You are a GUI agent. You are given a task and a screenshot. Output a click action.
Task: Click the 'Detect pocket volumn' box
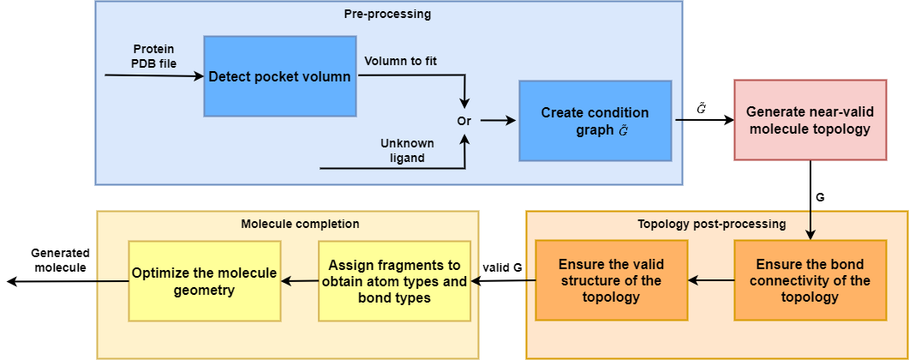point(279,76)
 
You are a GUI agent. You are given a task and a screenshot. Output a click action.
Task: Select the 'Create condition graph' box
point(595,121)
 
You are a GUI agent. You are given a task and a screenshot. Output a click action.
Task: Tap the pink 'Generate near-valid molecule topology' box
point(810,120)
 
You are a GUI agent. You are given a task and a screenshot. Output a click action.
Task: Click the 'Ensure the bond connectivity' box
point(810,280)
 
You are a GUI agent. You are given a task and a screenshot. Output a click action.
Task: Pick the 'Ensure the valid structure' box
point(611,280)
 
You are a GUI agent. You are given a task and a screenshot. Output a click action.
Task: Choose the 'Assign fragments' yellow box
point(394,281)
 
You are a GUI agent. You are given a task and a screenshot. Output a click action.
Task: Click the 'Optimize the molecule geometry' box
point(204,281)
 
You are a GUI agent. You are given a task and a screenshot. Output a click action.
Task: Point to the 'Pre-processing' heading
point(388,15)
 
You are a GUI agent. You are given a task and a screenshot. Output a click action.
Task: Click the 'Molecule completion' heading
point(288,223)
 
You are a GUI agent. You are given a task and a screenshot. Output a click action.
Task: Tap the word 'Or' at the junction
point(465,121)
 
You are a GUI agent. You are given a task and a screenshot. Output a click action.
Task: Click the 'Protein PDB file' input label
point(153,56)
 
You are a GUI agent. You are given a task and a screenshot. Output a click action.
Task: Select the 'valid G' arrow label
point(502,267)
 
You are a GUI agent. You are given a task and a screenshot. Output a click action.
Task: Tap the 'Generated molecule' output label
point(61,261)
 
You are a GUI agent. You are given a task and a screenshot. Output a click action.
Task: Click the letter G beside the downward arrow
point(820,198)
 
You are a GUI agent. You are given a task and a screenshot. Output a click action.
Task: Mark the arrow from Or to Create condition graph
point(498,121)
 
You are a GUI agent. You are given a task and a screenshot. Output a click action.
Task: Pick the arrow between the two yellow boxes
point(300,281)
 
